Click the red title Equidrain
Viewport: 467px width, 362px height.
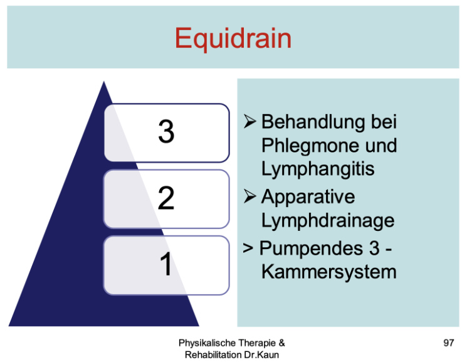[x=233, y=39]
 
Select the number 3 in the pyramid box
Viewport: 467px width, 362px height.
[x=166, y=132]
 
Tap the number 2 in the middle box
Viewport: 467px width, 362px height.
[x=166, y=198]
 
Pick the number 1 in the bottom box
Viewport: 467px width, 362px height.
[x=166, y=264]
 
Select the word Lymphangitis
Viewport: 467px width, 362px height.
[x=318, y=169]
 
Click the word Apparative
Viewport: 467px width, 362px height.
[x=308, y=197]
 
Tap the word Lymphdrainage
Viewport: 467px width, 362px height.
[x=328, y=221]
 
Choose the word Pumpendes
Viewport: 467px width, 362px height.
[x=312, y=248]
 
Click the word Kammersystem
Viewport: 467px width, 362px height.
[x=329, y=272]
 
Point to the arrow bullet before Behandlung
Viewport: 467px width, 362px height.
[x=249, y=121]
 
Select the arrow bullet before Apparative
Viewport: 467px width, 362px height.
[x=249, y=196]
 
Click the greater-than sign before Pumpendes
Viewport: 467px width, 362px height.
[x=248, y=248]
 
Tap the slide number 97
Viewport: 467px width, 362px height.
[x=449, y=343]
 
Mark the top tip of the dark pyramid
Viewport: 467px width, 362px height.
[x=103, y=81]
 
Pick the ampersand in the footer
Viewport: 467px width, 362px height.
[x=281, y=343]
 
